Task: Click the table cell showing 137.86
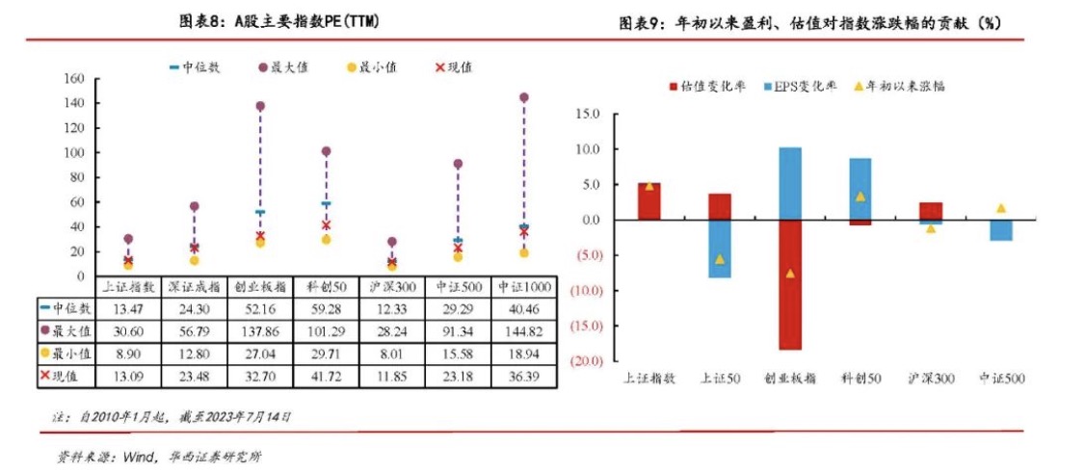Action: coord(260,330)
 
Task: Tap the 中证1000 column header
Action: coord(523,286)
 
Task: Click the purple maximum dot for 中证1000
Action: coord(523,97)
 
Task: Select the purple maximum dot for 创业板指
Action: coord(260,106)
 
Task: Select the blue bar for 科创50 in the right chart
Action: coord(860,188)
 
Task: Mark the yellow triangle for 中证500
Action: coord(1001,208)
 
